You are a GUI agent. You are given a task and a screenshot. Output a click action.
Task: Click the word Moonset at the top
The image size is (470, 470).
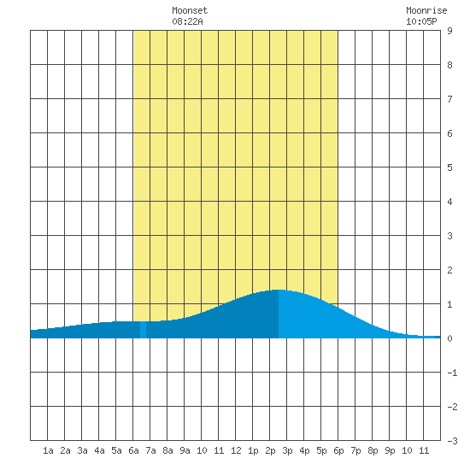(190, 10)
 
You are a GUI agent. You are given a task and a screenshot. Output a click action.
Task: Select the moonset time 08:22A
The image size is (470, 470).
(187, 21)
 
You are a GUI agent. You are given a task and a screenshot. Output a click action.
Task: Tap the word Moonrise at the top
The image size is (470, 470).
(426, 10)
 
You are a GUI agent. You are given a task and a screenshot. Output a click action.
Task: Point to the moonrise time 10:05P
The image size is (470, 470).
(421, 21)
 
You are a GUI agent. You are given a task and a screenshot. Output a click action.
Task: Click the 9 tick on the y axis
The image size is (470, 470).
(449, 31)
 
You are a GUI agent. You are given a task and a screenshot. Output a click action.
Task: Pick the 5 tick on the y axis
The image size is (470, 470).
(449, 167)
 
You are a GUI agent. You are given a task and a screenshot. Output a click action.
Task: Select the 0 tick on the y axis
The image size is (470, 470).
(449, 338)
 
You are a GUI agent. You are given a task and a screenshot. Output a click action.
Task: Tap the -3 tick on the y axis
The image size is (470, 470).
(452, 441)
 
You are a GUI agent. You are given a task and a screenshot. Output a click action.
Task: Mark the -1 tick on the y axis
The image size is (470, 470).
(452, 373)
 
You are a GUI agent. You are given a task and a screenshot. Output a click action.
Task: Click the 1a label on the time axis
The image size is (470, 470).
(48, 450)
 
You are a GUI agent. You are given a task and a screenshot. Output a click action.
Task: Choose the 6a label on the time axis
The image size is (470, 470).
(133, 450)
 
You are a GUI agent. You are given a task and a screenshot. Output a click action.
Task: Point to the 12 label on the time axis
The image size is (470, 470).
(236, 450)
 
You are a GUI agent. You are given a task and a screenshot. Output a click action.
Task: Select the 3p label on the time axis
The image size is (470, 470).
(287, 450)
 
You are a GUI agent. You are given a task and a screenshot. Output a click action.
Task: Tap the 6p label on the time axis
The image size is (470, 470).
(338, 450)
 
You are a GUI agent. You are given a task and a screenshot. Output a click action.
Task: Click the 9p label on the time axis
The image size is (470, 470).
(390, 450)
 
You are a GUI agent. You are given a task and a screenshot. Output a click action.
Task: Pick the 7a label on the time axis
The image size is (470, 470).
(150, 450)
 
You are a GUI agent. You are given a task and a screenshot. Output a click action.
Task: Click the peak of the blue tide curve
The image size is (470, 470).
(279, 290)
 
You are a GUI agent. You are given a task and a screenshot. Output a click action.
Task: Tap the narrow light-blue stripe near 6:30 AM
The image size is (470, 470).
(143, 330)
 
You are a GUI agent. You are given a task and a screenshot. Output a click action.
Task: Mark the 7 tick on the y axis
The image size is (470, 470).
(449, 99)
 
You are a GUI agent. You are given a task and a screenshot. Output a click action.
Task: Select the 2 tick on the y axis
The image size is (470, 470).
(449, 270)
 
